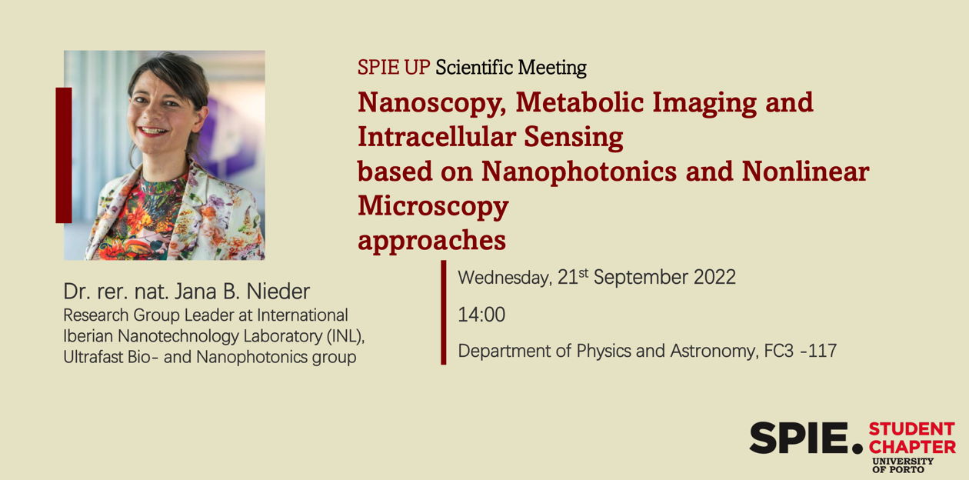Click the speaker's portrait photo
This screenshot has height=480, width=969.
(x=165, y=155)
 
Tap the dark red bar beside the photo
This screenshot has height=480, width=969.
(x=64, y=155)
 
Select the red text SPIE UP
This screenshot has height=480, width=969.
(x=394, y=67)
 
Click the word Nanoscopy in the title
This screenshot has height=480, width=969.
(x=431, y=103)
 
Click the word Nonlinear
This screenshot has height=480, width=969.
(x=805, y=171)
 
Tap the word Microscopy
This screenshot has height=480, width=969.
(x=433, y=207)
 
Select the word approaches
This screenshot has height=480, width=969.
(x=431, y=242)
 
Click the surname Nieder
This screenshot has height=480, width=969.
(x=278, y=292)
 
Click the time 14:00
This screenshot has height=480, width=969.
(x=481, y=315)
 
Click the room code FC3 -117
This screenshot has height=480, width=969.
(x=801, y=351)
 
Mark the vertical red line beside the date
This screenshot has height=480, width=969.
(x=444, y=312)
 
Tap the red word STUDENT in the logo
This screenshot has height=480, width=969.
(x=912, y=429)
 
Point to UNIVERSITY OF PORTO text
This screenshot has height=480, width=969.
(x=903, y=465)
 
